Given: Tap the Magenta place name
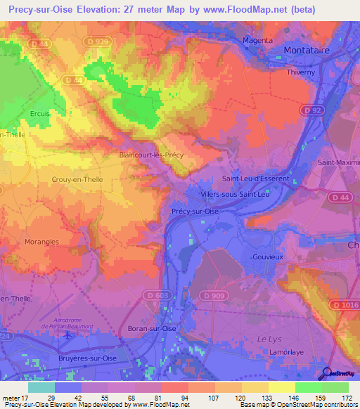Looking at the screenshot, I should [x=257, y=40].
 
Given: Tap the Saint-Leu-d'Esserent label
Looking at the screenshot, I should [x=255, y=178].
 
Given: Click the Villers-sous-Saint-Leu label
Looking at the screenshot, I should [x=234, y=193].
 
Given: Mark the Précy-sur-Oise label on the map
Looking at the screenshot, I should [x=195, y=211].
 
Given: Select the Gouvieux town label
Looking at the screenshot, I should [x=267, y=257].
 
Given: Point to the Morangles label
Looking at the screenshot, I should [x=41, y=242].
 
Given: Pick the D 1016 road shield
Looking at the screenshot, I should [x=345, y=304].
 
